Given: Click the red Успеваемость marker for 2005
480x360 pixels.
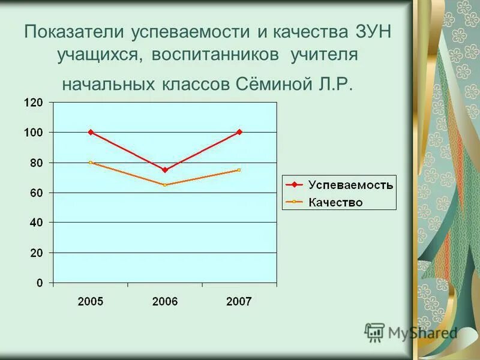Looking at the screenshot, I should (x=91, y=132).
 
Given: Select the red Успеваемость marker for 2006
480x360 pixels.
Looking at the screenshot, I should (x=165, y=170).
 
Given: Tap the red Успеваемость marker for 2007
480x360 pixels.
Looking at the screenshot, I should (x=239, y=132).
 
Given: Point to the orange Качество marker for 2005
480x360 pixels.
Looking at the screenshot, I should (x=91, y=163).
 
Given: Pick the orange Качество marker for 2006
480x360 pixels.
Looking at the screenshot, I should (x=165, y=185).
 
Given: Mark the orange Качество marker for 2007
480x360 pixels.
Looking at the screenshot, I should (x=239, y=170).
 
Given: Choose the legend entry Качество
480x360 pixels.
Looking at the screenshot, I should (x=335, y=202).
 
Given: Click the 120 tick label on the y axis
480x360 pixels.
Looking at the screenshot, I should (x=34, y=103).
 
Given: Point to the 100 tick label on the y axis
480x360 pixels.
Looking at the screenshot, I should (x=34, y=133).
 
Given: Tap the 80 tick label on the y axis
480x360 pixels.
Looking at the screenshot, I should (x=37, y=163).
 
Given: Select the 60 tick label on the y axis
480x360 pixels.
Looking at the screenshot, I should (x=37, y=193).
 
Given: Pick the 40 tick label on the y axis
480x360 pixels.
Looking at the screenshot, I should (x=37, y=223).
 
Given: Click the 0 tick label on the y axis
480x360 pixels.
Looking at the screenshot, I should (x=40, y=283).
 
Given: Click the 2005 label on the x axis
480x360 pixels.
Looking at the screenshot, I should (x=91, y=302).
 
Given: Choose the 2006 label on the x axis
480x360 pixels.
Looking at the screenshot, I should (x=165, y=302).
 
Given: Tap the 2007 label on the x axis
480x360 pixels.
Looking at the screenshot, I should (x=239, y=302).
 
